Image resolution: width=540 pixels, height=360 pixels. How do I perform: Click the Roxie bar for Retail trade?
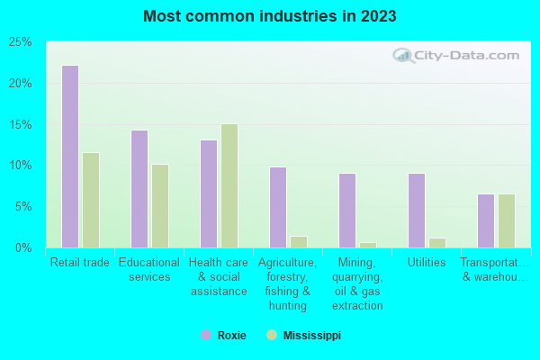[69, 157]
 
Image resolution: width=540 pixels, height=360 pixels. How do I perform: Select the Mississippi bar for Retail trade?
[90, 200]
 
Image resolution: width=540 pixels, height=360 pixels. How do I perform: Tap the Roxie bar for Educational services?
[139, 189]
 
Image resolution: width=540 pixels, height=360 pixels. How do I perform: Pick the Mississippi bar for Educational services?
[159, 205]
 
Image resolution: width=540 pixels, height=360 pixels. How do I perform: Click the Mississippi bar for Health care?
[229, 185]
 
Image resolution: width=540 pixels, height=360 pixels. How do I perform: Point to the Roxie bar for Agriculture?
[277, 207]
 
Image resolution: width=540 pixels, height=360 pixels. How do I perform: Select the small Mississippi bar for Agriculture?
[298, 242]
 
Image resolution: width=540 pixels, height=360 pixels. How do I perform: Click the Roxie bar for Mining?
[346, 210]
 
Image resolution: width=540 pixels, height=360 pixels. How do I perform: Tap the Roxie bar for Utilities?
[416, 210]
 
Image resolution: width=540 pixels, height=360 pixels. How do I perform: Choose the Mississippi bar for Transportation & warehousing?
[506, 220]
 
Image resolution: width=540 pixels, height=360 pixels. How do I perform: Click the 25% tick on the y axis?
[20, 42]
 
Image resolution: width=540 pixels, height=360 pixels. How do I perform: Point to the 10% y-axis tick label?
[20, 166]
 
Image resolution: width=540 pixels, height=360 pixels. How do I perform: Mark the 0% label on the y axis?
[23, 247]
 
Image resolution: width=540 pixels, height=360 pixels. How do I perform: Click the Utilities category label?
[426, 263]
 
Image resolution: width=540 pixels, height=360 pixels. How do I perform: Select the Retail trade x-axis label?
[80, 263]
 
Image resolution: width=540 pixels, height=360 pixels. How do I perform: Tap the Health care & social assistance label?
[218, 277]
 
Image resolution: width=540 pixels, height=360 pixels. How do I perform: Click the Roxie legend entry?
[222, 335]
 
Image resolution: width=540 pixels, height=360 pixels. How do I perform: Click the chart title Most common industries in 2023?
[270, 16]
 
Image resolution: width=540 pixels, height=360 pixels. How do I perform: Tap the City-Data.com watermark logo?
[455, 56]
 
